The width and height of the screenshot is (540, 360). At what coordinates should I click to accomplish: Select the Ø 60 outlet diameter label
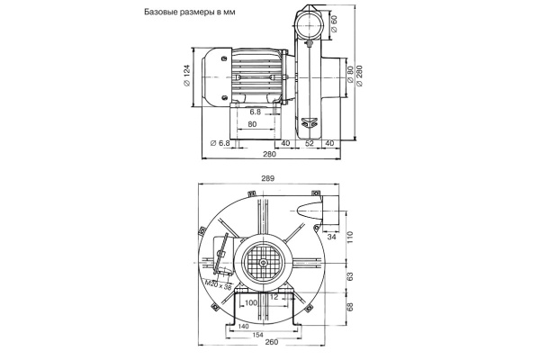click(x=334, y=23)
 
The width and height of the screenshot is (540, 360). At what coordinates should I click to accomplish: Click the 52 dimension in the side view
click(x=309, y=143)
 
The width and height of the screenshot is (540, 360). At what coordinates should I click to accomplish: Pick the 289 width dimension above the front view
click(x=267, y=179)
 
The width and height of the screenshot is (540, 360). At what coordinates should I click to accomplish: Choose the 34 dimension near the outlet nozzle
click(x=332, y=238)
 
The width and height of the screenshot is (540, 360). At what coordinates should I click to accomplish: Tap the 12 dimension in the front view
click(x=274, y=296)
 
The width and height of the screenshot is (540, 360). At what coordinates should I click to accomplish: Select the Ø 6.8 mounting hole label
click(x=220, y=143)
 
